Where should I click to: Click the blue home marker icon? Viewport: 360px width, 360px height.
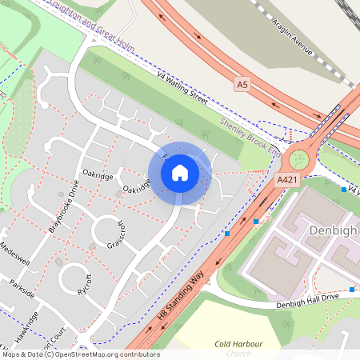point(180,173)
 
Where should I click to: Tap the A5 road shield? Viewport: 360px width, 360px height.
point(243,83)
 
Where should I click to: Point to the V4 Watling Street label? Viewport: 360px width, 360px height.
point(182,89)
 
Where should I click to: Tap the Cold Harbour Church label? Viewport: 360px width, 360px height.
point(238,348)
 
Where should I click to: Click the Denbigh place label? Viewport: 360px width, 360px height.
point(333,232)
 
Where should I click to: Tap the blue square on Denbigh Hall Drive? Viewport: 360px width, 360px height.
point(351,289)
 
